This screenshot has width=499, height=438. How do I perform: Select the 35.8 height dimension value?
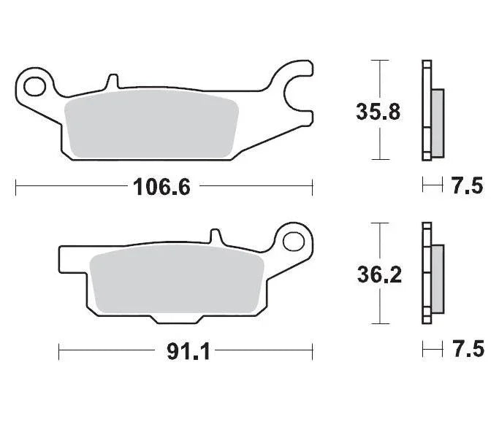(x=378, y=113)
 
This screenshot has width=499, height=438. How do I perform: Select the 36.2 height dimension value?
(x=378, y=276)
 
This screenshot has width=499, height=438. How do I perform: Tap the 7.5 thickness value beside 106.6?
(x=468, y=187)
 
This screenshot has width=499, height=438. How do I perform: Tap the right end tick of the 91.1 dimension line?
(x=312, y=353)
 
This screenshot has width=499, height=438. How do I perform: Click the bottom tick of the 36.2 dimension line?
(x=378, y=323)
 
